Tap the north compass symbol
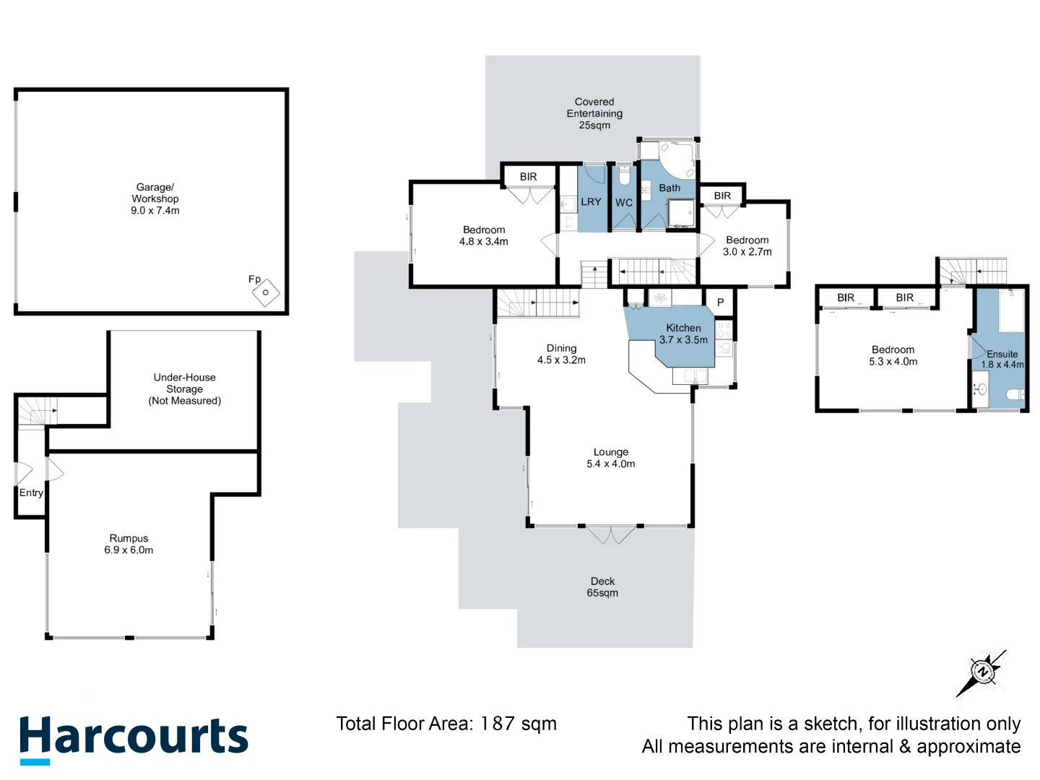point(981,672)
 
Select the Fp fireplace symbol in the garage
point(265,292)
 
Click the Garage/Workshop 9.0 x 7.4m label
point(155,199)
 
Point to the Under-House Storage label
point(184,389)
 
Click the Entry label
point(31,493)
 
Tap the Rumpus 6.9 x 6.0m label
point(129,544)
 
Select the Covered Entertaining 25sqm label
point(594,113)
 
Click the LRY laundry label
point(591,202)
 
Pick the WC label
point(624,203)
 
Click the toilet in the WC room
point(624,175)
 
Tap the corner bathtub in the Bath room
point(677,160)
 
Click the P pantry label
point(720,303)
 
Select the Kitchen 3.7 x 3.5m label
point(683,334)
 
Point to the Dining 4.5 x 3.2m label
point(561,354)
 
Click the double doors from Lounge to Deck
point(611,534)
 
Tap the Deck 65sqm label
point(602,586)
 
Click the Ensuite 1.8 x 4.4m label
point(1002,359)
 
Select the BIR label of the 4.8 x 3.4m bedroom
point(528,177)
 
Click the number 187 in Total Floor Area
point(498,724)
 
